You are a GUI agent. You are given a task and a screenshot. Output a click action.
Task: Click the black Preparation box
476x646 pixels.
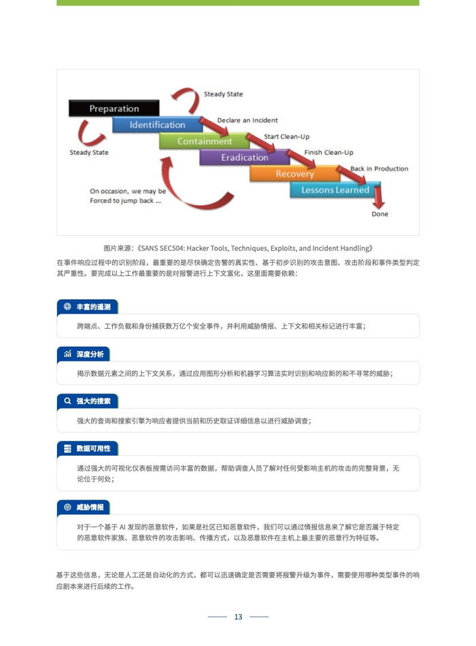[114, 109]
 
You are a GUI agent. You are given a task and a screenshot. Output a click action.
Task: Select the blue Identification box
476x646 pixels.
[157, 125]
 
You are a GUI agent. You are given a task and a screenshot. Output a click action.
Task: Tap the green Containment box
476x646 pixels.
[204, 141]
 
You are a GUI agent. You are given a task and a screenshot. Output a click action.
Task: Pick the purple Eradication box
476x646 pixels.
[244, 158]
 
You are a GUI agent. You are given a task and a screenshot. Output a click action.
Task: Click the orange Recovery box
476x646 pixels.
[294, 174]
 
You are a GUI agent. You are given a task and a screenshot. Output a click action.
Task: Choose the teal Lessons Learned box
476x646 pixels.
[335, 190]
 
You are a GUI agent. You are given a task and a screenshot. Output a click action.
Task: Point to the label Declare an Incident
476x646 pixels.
[247, 120]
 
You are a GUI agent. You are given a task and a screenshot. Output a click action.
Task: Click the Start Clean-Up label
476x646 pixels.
[286, 137]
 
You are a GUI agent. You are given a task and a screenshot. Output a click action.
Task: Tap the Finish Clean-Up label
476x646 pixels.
[328, 153]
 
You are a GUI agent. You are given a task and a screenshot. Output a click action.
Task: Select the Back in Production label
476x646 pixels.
[379, 168]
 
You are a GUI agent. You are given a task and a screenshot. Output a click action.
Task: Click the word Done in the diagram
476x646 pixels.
[379, 214]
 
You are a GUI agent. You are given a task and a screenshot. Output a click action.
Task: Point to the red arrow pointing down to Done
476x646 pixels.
[378, 197]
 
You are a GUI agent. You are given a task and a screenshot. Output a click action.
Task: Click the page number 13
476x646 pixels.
[238, 617]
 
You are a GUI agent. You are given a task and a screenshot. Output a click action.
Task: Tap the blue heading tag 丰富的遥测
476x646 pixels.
[92, 306]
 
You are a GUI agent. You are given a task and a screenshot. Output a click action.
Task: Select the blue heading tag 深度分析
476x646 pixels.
[90, 354]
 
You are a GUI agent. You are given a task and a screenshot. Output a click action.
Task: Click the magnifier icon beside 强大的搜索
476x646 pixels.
[67, 401]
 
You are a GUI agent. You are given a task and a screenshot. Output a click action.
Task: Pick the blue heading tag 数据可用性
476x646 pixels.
[92, 448]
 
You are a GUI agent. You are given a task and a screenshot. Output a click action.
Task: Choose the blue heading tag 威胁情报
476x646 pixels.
[90, 507]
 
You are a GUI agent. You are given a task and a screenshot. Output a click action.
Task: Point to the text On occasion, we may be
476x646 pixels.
[127, 191]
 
